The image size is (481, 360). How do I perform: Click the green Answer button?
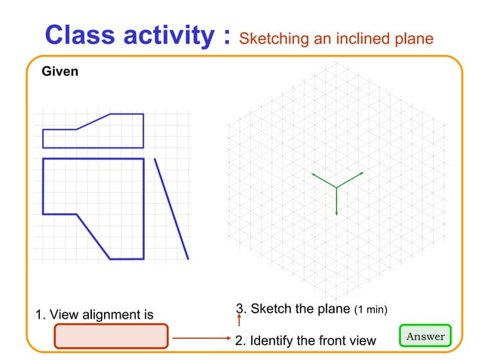tap(425, 336)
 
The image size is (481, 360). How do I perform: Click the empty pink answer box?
tap(110, 337)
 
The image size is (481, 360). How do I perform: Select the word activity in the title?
tap(172, 35)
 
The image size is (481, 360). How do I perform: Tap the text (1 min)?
tap(371, 310)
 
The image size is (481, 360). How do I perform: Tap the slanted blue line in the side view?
tap(171, 208)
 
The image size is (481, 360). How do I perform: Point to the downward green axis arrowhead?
tap(336, 213)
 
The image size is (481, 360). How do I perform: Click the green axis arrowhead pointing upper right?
tap(362, 173)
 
